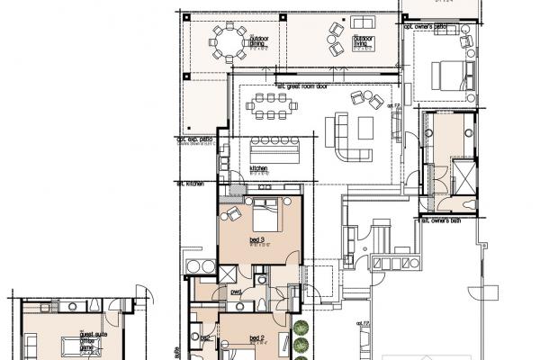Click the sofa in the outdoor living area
click(x=364, y=22)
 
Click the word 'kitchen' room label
click(x=258, y=168)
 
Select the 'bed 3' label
click(x=256, y=239)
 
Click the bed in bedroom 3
click(x=265, y=214)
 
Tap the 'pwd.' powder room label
click(x=237, y=291)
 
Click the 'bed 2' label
click(x=256, y=337)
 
